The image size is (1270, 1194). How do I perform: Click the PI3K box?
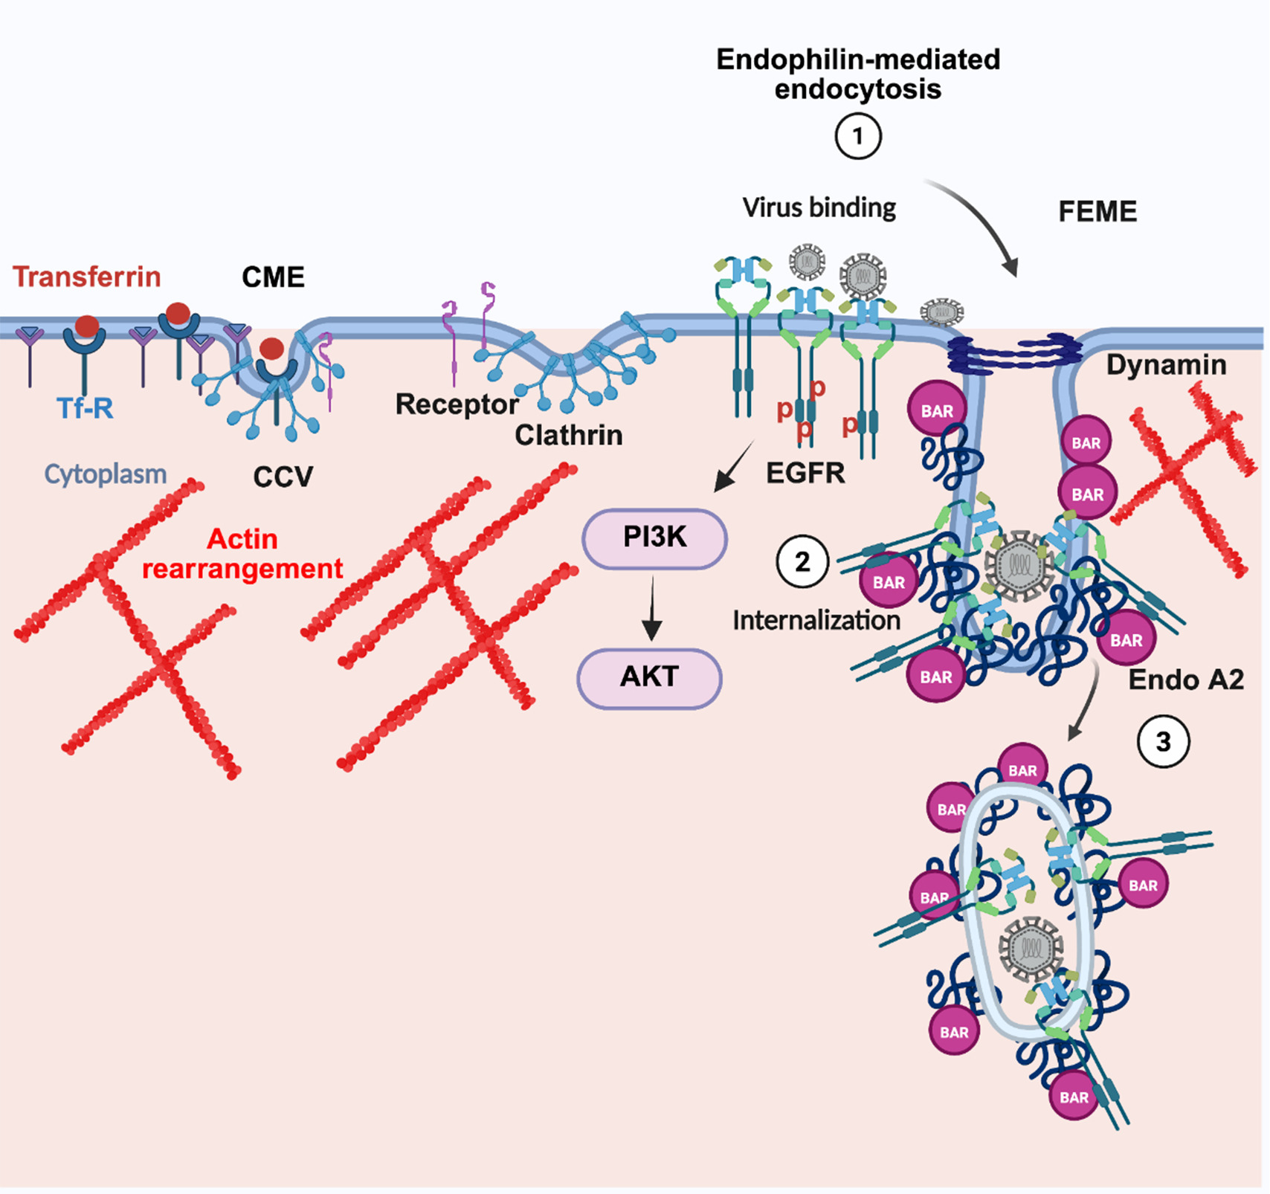(x=654, y=538)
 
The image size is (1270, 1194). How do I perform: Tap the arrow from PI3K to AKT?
(x=652, y=608)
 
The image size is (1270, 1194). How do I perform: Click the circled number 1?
(x=858, y=137)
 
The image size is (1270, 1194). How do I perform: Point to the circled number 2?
(x=802, y=562)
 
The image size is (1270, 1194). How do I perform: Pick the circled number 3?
(x=1163, y=741)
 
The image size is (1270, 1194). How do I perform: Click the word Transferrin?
(x=86, y=277)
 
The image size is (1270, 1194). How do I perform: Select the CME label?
(x=273, y=277)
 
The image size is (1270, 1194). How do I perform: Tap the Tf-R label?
(x=85, y=408)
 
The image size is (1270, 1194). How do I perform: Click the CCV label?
(x=283, y=477)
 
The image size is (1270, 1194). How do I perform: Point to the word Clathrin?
(x=568, y=435)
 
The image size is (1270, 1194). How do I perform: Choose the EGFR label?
(x=805, y=473)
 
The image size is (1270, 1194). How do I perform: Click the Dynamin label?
(x=1166, y=365)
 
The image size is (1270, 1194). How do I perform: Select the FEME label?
(x=1097, y=212)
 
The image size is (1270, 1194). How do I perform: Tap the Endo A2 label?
(x=1185, y=680)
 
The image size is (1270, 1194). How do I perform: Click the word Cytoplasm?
(x=105, y=474)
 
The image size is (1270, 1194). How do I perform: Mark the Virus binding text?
(x=819, y=207)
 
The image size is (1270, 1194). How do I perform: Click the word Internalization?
(x=816, y=620)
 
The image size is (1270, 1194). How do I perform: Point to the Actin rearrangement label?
(x=242, y=554)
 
